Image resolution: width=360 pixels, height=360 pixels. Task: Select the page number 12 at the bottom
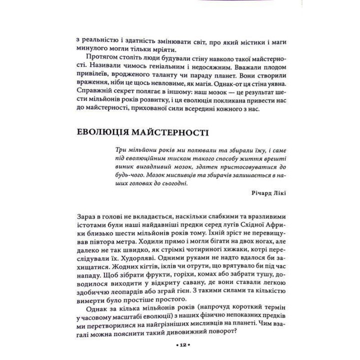[x=180, y=345]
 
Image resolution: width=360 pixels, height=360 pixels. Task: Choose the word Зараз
[x=87, y=215]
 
